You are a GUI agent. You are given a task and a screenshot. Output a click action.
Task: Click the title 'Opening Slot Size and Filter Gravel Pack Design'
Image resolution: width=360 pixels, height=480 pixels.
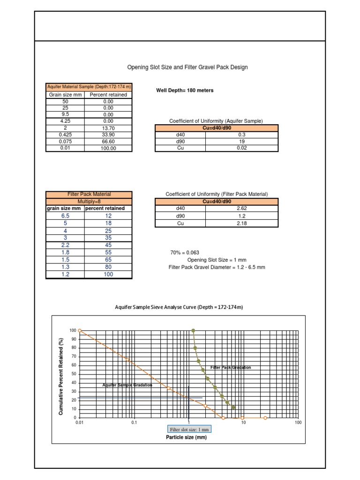point(187,67)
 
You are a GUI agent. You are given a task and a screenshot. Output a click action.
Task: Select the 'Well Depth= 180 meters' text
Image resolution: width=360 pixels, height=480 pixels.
point(184,90)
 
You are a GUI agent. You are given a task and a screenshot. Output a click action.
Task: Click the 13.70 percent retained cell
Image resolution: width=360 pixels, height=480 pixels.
point(108,128)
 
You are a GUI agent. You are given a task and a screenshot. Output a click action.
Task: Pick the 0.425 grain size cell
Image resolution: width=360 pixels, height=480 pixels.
point(65,135)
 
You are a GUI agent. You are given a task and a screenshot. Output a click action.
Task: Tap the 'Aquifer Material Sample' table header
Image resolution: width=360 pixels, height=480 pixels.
point(89,87)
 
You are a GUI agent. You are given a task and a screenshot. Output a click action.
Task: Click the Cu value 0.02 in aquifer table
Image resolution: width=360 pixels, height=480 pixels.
point(242,148)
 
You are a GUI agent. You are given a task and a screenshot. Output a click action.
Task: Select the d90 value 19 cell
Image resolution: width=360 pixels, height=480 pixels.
point(242,141)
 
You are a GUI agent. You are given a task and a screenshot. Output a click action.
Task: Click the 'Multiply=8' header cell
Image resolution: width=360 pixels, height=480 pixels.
point(89,201)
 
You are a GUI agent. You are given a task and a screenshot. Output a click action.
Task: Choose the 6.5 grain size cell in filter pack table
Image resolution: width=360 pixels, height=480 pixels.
point(65,216)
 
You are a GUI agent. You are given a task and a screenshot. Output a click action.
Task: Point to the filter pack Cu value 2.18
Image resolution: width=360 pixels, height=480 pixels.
point(242,224)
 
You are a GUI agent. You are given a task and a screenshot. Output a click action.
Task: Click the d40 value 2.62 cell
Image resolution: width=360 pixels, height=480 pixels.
point(242,208)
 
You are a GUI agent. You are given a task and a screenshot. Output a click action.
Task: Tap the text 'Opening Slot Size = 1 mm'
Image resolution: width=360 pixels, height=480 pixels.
point(217,260)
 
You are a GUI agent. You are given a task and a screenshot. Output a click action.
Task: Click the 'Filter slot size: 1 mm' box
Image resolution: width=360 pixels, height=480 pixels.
point(189,429)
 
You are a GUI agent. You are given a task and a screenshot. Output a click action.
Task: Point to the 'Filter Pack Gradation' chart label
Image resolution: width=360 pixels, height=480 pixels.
point(231,367)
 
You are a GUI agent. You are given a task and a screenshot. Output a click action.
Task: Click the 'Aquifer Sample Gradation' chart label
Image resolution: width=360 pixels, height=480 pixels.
point(127,385)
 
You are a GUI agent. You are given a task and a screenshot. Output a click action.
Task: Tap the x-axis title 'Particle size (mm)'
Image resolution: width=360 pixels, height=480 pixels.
point(186,437)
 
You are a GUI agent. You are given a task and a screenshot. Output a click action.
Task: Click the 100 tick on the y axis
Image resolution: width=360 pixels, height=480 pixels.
point(73,330)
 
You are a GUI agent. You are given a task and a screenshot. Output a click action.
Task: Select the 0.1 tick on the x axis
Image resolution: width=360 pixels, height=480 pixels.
point(134,422)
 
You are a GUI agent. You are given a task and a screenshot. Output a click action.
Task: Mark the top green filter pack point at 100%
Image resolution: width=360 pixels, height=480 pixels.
point(193,330)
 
